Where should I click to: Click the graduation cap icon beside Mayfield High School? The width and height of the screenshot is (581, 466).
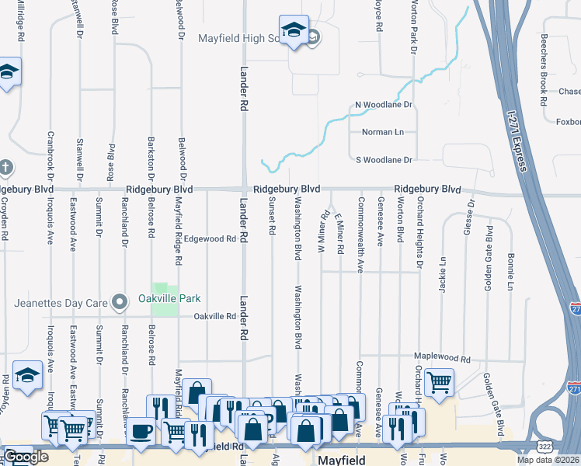click(x=294, y=31)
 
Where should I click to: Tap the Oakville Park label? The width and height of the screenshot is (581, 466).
click(x=169, y=298)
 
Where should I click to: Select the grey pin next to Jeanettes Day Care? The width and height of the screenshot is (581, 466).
click(x=119, y=301)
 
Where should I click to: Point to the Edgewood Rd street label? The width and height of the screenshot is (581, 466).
click(x=210, y=239)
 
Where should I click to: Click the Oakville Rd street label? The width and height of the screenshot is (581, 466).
click(x=214, y=316)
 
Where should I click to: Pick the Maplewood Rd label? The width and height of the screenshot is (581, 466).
click(x=443, y=359)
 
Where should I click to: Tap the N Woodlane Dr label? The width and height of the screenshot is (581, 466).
click(x=383, y=104)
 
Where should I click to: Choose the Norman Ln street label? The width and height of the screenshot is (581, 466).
click(x=383, y=132)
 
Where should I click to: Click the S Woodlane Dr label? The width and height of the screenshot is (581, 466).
click(x=383, y=159)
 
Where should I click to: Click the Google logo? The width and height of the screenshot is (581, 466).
click(x=26, y=457)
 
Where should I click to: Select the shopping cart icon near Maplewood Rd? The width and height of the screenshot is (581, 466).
click(x=440, y=382)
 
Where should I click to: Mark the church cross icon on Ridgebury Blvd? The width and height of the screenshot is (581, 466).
click(x=5, y=167)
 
